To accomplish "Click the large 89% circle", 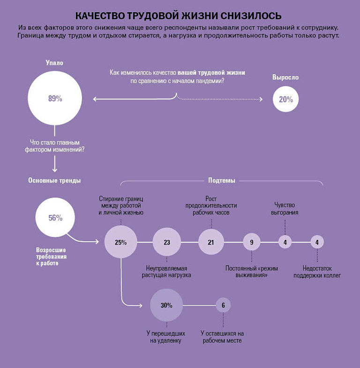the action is point(55,98).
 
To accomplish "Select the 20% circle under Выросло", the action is point(286,99).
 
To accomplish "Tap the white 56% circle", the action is point(55,217).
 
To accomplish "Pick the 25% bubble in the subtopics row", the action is point(121,242).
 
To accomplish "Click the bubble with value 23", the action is point(167,242).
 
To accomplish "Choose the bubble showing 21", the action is point(211,242).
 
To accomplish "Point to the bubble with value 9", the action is point(251,242).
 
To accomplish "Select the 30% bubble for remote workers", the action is point(166,305).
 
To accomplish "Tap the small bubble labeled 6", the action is point(223,305).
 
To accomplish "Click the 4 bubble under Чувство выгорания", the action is point(285,242).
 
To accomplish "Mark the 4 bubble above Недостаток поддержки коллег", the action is point(317,242).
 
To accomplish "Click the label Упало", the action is point(54,63).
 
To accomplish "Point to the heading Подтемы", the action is point(221,180).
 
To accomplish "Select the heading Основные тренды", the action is point(54,180).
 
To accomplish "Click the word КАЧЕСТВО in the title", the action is point(100,16).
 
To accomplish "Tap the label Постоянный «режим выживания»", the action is point(251,271).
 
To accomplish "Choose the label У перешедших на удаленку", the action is point(166,337).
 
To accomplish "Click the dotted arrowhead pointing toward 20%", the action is point(261,99).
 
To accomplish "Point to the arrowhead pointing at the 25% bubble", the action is point(97,241).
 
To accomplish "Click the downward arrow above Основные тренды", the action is point(54,164).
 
